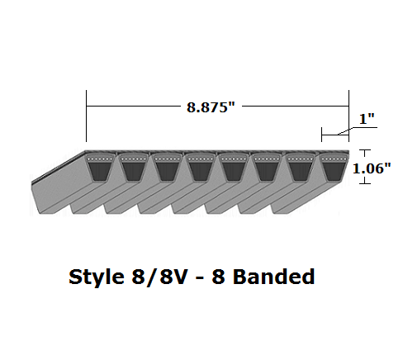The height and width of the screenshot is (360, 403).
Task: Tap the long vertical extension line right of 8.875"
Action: pos(350,116)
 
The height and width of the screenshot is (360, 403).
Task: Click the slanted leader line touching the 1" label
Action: pos(347,129)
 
